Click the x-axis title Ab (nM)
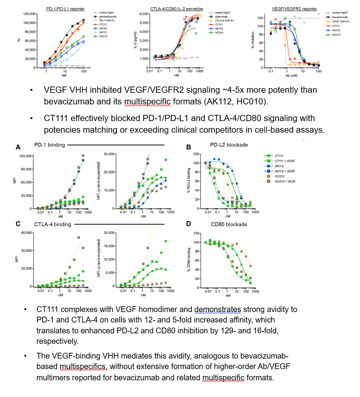(x=294, y=75)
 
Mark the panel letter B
(x=188, y=147)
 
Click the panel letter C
(x=18, y=224)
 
